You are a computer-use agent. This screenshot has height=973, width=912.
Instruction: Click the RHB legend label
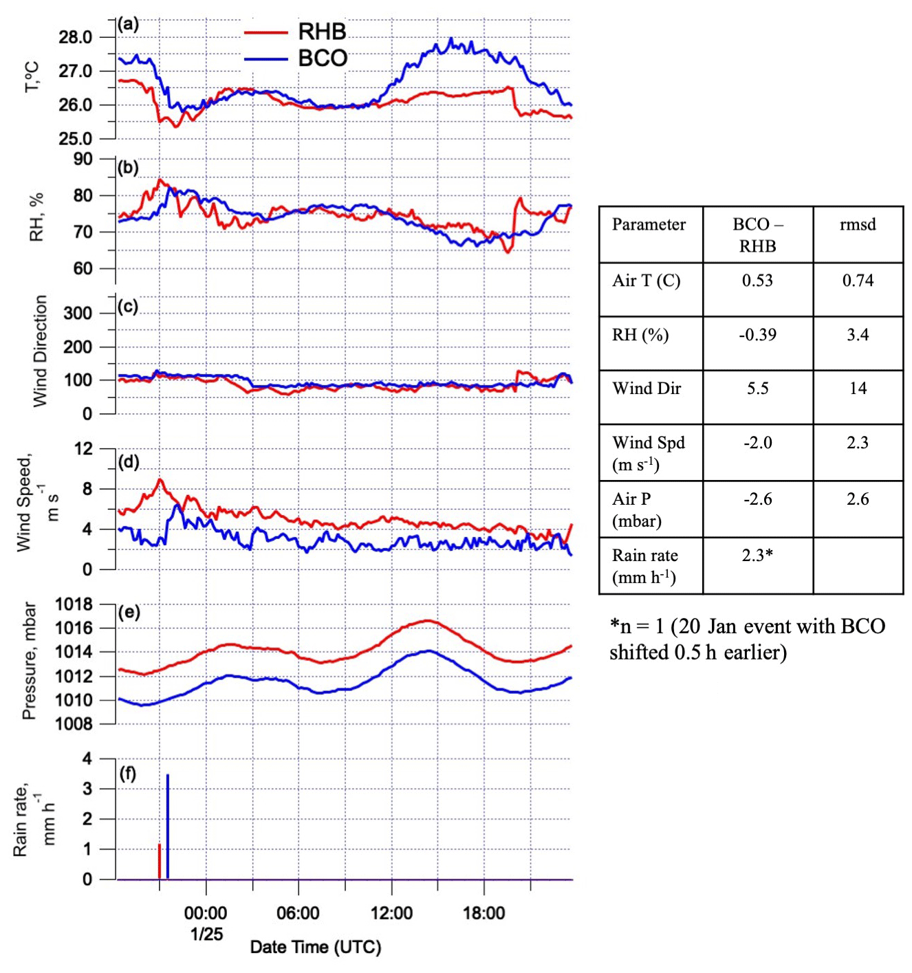[322, 32]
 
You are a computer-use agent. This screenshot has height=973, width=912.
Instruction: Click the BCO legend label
[322, 58]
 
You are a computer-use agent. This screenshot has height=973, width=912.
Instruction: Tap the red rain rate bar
[160, 862]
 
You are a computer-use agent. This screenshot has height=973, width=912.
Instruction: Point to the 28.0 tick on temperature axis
[76, 38]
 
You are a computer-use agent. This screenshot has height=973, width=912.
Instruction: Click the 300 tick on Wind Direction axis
[78, 314]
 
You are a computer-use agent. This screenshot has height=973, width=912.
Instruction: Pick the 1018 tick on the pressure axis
[74, 604]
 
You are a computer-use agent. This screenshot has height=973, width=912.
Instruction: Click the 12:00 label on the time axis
[391, 913]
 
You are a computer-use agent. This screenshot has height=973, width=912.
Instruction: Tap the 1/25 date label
[206, 934]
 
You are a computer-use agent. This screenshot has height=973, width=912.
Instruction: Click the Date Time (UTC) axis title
[315, 948]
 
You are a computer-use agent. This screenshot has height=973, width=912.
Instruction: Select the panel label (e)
[129, 612]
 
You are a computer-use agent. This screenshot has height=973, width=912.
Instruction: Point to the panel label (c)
[127, 307]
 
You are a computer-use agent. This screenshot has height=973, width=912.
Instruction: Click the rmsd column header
[858, 225]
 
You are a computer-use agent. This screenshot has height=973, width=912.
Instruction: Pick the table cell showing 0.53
[757, 281]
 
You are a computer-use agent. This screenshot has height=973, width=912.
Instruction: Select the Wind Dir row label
[647, 389]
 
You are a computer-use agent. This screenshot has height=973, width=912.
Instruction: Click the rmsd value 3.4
[858, 335]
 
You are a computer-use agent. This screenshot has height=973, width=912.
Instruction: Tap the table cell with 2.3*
[757, 556]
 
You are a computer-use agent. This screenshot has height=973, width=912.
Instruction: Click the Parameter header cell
[649, 225]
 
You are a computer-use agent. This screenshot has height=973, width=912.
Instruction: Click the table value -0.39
[757, 335]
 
